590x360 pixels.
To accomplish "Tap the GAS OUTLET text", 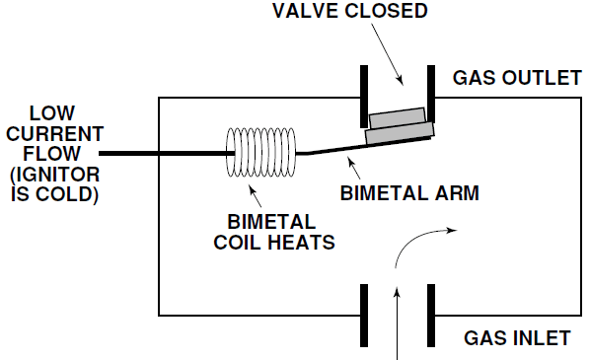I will (x=516, y=77).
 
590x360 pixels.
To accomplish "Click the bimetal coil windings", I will (x=262, y=154).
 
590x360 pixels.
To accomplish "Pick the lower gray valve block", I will (x=402, y=134).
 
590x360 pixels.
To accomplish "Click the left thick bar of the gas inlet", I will (x=363, y=313).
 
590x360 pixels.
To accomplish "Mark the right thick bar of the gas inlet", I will (x=431, y=313).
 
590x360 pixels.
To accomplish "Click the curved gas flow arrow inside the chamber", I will (x=420, y=237).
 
